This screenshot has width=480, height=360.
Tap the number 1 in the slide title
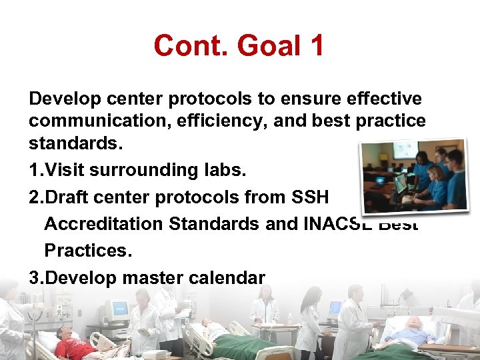pos(316,46)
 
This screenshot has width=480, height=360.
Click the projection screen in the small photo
pos(405,151)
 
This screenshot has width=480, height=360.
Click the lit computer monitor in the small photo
pos(399,182)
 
